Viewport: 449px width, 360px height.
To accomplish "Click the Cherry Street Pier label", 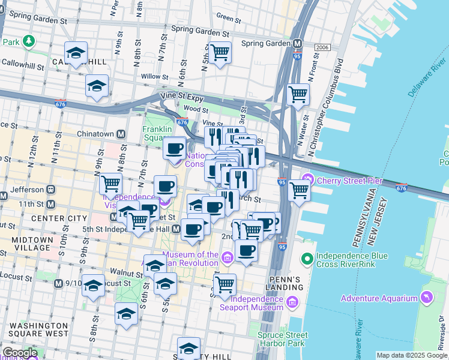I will (351, 179).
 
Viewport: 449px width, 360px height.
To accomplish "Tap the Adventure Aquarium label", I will (379, 298).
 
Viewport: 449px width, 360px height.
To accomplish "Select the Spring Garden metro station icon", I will (297, 43).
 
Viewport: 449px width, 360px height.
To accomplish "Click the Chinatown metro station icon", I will (121, 134).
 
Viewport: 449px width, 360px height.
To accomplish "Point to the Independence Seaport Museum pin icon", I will (294, 301).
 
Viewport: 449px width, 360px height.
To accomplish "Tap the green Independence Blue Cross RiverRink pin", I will (307, 259).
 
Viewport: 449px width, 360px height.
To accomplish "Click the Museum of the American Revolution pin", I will (227, 259).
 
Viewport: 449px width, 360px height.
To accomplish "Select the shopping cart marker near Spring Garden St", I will (220, 53).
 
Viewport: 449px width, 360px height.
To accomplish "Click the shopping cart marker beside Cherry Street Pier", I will (298, 190).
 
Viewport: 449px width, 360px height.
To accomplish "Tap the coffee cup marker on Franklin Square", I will (175, 148).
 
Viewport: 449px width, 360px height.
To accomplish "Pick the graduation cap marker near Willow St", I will (97, 86).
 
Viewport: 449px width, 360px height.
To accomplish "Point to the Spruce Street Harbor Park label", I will (281, 340).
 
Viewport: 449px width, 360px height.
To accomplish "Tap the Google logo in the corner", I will (19, 353).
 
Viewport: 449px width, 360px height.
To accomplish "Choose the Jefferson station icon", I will (51, 188).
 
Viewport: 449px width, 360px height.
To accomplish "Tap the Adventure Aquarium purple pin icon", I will (426, 298).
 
